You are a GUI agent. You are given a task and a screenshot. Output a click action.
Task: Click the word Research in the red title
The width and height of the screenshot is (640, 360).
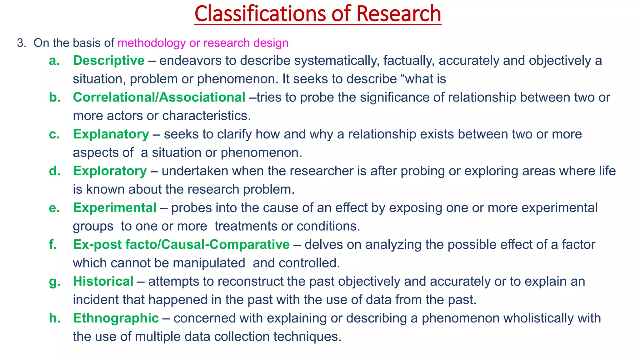(x=398, y=14)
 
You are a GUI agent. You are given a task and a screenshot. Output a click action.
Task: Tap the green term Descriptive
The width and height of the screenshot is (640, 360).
(x=108, y=61)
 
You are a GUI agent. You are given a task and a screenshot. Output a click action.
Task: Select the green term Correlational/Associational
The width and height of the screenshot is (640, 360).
(x=159, y=97)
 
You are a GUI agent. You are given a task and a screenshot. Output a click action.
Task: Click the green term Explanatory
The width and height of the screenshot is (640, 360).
(x=111, y=134)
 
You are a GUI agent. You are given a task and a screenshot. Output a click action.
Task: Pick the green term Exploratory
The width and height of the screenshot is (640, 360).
(x=110, y=171)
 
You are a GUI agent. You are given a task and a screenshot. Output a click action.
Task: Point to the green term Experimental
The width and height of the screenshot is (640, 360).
(x=114, y=208)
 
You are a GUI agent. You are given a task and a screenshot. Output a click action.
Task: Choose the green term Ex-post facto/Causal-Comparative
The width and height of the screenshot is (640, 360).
(x=181, y=245)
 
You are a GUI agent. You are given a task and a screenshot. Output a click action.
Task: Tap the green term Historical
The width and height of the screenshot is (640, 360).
(x=103, y=282)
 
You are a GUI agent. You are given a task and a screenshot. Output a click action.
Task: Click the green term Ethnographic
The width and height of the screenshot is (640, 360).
(x=116, y=318)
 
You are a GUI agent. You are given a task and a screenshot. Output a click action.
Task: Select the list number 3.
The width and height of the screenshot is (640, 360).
(x=21, y=43)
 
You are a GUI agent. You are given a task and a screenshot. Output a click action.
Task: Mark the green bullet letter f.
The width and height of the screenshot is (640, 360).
(x=53, y=245)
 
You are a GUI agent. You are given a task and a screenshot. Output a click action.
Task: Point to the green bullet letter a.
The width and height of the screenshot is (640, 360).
(x=54, y=61)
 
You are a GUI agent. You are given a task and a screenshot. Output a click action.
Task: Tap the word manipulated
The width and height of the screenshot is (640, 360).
(x=209, y=263)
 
